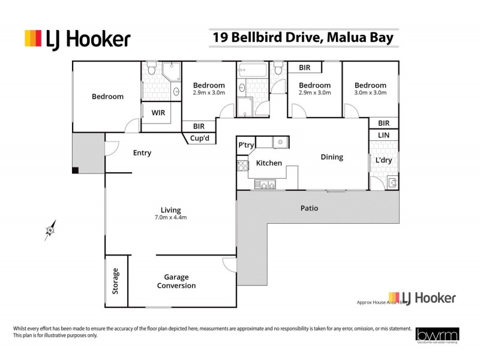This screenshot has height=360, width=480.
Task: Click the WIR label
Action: coord(158,112)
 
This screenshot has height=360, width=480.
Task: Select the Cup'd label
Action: coord(199,137)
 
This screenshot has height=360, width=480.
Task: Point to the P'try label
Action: coord(245,145)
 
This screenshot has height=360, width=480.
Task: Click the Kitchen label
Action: coord(269,163)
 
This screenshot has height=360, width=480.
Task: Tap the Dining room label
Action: coord(332,157)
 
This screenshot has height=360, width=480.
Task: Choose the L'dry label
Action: coord(383,161)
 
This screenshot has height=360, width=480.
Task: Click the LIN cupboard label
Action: coord(383,136)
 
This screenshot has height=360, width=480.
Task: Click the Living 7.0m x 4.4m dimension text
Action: coord(170,217)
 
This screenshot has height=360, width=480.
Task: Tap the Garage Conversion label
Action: coord(176,281)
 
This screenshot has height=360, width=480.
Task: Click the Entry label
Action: coord(142,153)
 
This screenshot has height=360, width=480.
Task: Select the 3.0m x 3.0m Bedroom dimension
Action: coord(370,93)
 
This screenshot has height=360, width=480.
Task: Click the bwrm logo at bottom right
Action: coord(431,335)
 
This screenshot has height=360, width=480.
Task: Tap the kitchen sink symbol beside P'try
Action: coord(279,142)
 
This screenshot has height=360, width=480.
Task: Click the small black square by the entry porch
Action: coord(75,171)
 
